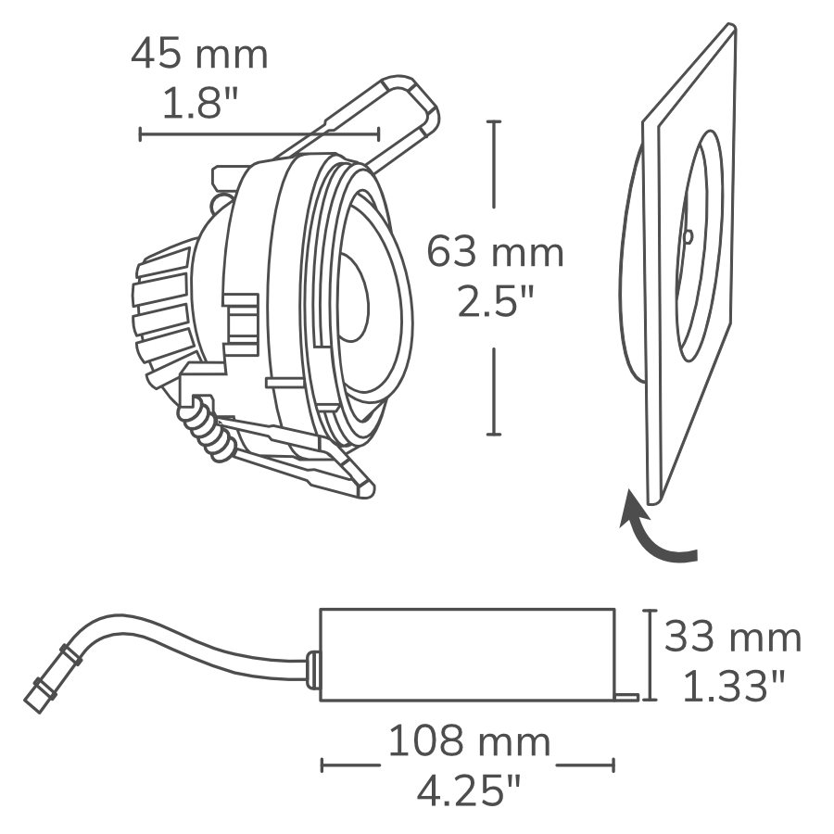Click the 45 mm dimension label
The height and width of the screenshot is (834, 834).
pos(199,55)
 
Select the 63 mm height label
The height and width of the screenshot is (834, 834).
pos(495,252)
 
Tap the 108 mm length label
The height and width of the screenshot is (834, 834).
pos(468,742)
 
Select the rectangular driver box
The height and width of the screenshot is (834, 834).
pos(467,652)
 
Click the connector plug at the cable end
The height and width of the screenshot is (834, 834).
pos(44,687)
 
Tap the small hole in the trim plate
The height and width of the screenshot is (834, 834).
pos(688,235)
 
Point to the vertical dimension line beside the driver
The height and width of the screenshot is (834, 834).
pos(651,654)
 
